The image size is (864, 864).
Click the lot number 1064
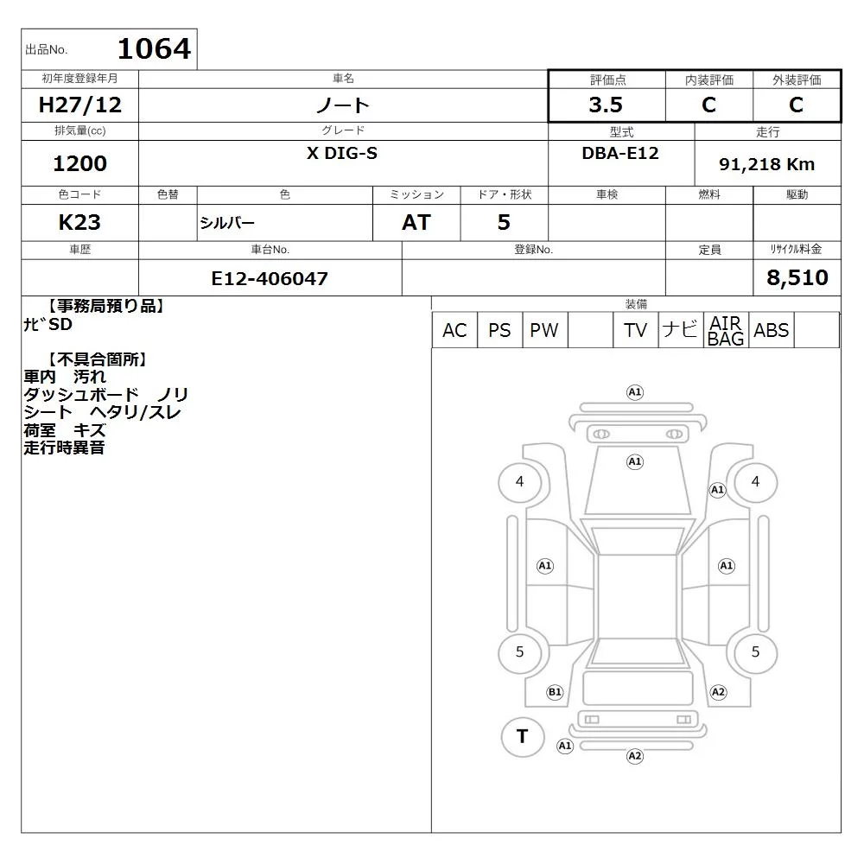pyautogui.click(x=155, y=48)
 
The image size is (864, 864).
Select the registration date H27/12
pyautogui.click(x=79, y=105)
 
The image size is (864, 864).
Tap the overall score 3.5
pyautogui.click(x=606, y=105)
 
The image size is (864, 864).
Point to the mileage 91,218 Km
pyautogui.click(x=766, y=164)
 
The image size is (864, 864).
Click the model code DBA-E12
pyautogui.click(x=620, y=153)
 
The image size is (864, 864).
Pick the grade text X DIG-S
pyautogui.click(x=342, y=153)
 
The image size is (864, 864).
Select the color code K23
pyautogui.click(x=79, y=222)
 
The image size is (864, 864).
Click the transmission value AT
pyautogui.click(x=416, y=222)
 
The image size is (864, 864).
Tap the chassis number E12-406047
pyautogui.click(x=270, y=278)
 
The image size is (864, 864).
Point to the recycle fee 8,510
pyautogui.click(x=797, y=277)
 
